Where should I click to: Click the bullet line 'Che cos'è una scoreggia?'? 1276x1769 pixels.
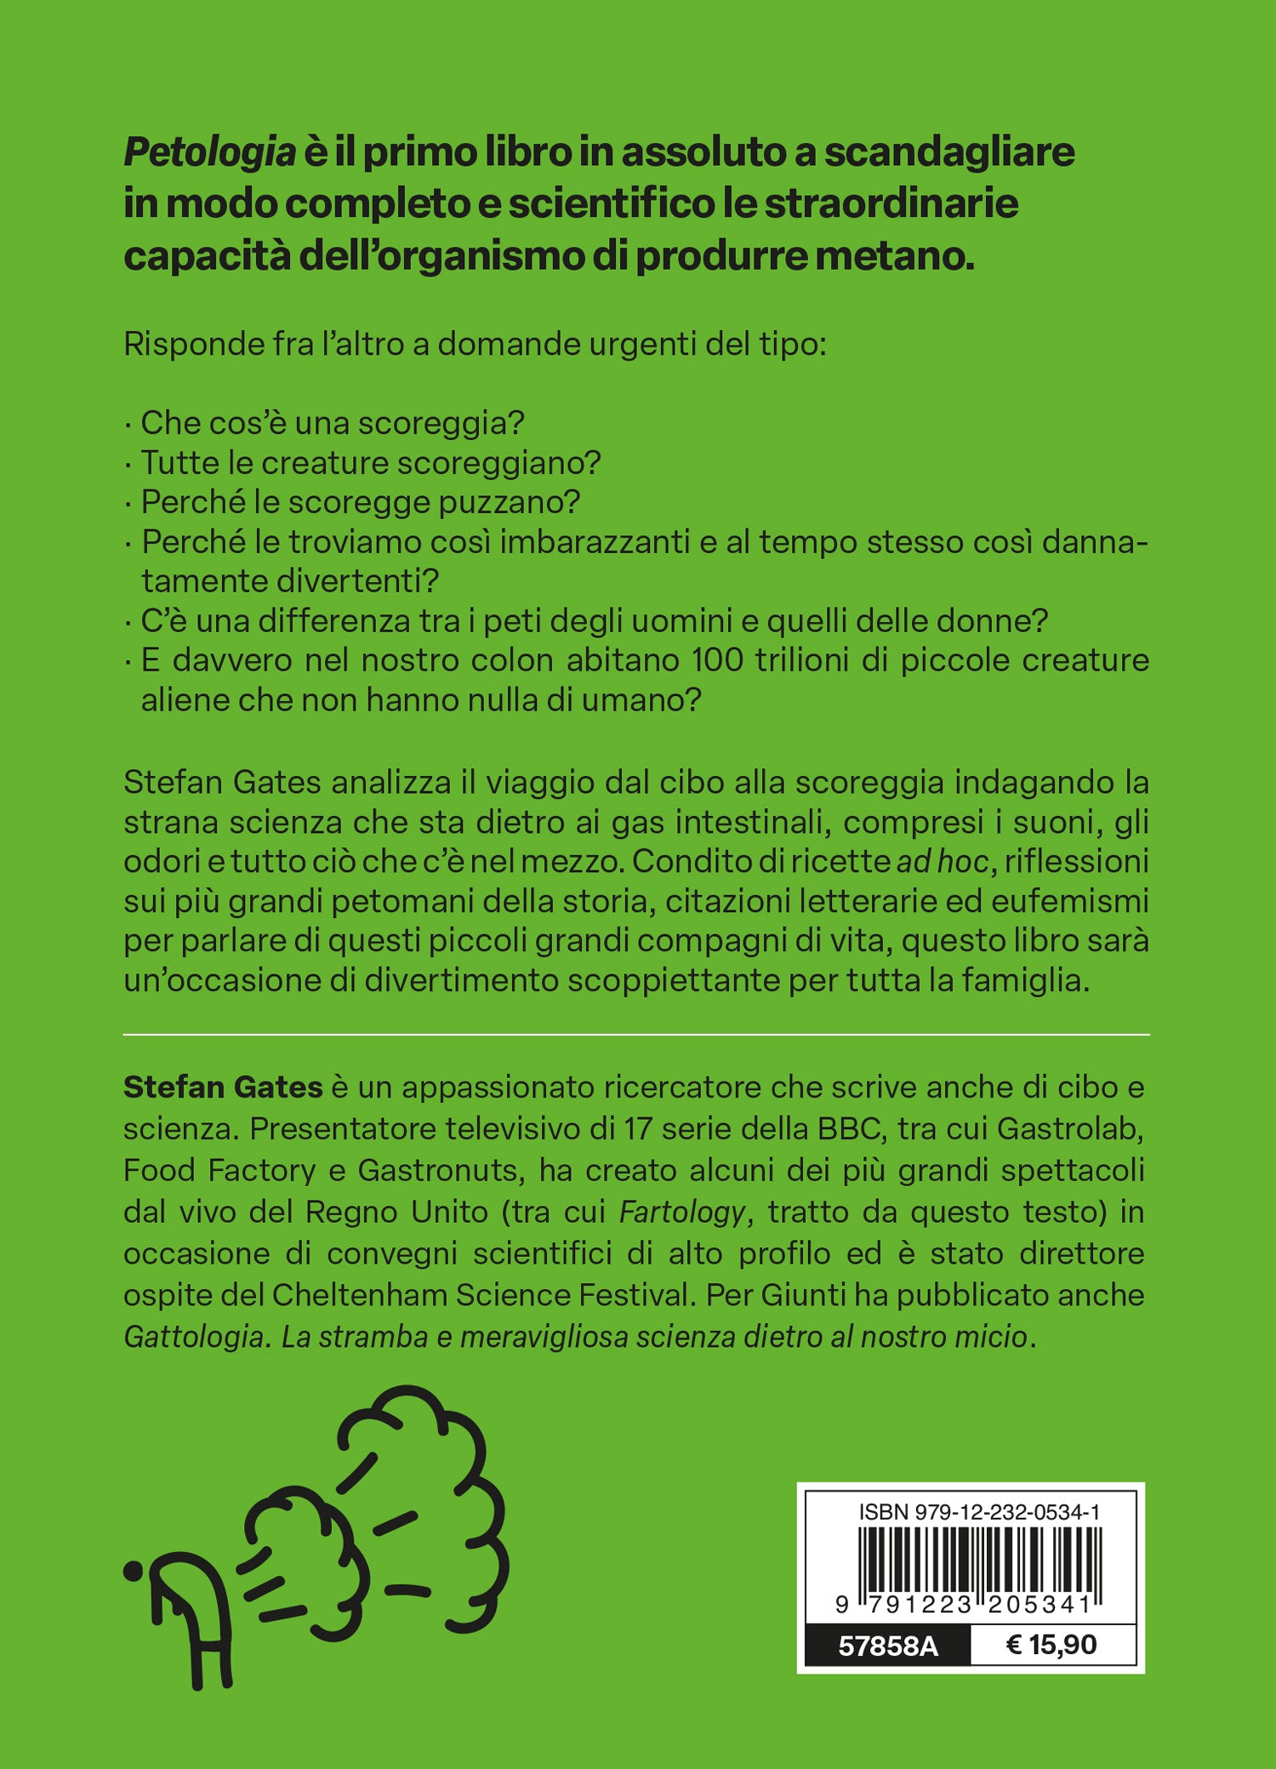[332, 423]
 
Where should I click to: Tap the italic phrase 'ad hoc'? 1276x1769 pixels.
[943, 862]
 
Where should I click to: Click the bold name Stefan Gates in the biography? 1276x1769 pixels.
[223, 1087]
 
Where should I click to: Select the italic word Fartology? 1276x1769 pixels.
[682, 1212]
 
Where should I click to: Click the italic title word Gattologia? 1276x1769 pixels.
[197, 1337]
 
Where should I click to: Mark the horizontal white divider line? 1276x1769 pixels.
[636, 1035]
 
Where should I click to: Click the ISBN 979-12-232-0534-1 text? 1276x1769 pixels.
[979, 1512]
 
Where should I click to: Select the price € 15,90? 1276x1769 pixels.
[1051, 1645]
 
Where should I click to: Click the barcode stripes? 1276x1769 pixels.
[979, 1564]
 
